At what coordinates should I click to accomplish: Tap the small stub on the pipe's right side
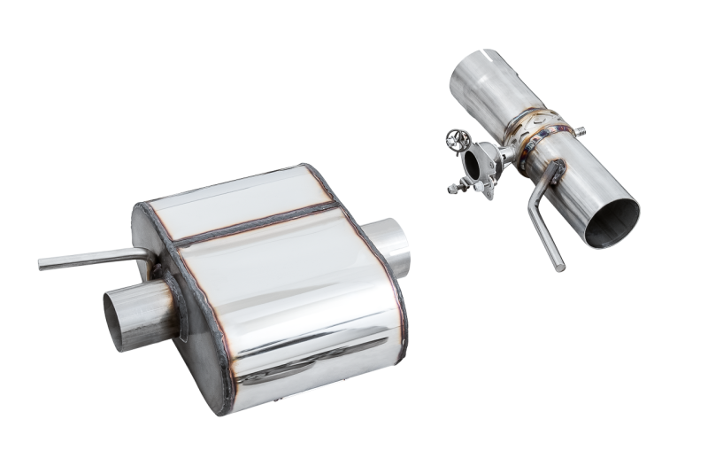(581, 131)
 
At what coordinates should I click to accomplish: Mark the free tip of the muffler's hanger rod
(42, 263)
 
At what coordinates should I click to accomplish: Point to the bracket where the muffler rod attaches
(155, 257)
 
